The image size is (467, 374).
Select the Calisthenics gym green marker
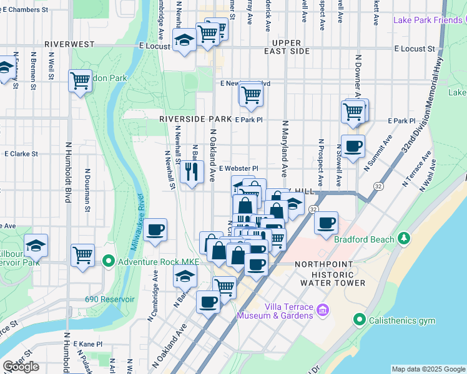359,320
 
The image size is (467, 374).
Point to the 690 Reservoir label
110,299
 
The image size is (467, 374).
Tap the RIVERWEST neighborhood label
69,45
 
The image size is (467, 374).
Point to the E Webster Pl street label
238,168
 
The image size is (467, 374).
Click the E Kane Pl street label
87,343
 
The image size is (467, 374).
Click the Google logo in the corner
21,367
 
